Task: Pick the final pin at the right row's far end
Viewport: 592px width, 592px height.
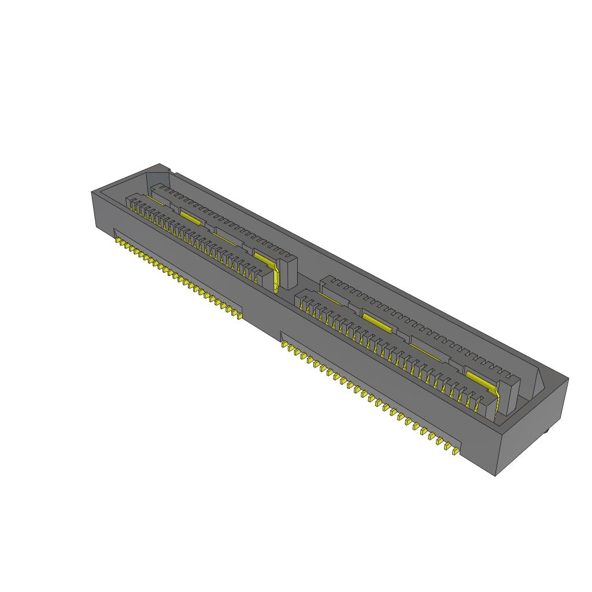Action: pyautogui.click(x=456, y=451)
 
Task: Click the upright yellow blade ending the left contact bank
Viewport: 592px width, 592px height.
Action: pyautogui.click(x=277, y=278)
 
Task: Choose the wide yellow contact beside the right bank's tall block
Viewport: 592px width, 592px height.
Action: pyautogui.click(x=480, y=380)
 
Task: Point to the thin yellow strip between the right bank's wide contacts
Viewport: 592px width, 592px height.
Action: pyautogui.click(x=422, y=347)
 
